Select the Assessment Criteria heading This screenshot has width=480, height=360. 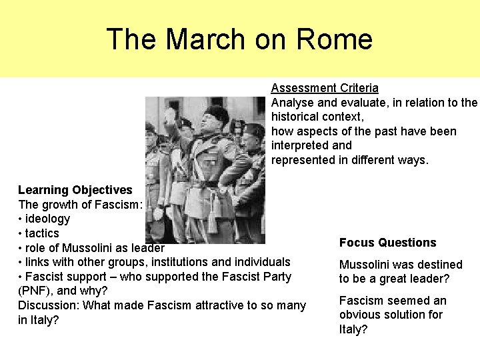325,88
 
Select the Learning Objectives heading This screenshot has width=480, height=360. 75,190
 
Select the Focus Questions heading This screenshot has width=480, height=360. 387,243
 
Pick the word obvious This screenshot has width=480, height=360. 360,315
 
